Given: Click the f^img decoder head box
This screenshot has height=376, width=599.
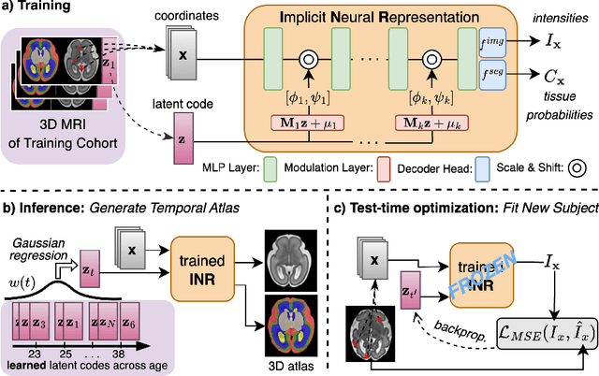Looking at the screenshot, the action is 492,42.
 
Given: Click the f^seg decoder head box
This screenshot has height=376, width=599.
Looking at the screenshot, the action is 492,75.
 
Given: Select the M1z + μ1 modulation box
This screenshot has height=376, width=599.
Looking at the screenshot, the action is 308,123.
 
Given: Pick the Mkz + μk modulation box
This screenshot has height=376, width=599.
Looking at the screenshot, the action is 431,123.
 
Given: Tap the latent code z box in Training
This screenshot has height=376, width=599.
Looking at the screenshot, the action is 183,138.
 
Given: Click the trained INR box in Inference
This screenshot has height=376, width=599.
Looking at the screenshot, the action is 202,269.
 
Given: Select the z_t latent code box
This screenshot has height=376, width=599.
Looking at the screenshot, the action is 90,269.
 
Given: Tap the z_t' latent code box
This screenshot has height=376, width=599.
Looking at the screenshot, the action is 411,290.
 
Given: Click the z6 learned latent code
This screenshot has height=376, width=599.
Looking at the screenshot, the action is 129,322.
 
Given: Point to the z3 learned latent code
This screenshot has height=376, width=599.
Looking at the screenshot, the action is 39,322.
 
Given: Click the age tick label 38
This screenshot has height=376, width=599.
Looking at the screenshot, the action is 119,354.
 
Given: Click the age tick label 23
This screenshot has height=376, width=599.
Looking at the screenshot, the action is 35,354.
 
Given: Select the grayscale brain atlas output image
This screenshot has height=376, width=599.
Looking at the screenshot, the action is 291,261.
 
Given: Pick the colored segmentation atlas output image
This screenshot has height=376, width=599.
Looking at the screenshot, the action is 291,325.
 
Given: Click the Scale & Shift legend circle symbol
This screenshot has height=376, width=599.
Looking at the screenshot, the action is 577,168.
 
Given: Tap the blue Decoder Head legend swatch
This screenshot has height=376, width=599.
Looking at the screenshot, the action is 482,169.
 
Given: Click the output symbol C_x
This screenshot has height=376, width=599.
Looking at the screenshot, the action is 553,77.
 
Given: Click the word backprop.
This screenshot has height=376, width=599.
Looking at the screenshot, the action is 460,330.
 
